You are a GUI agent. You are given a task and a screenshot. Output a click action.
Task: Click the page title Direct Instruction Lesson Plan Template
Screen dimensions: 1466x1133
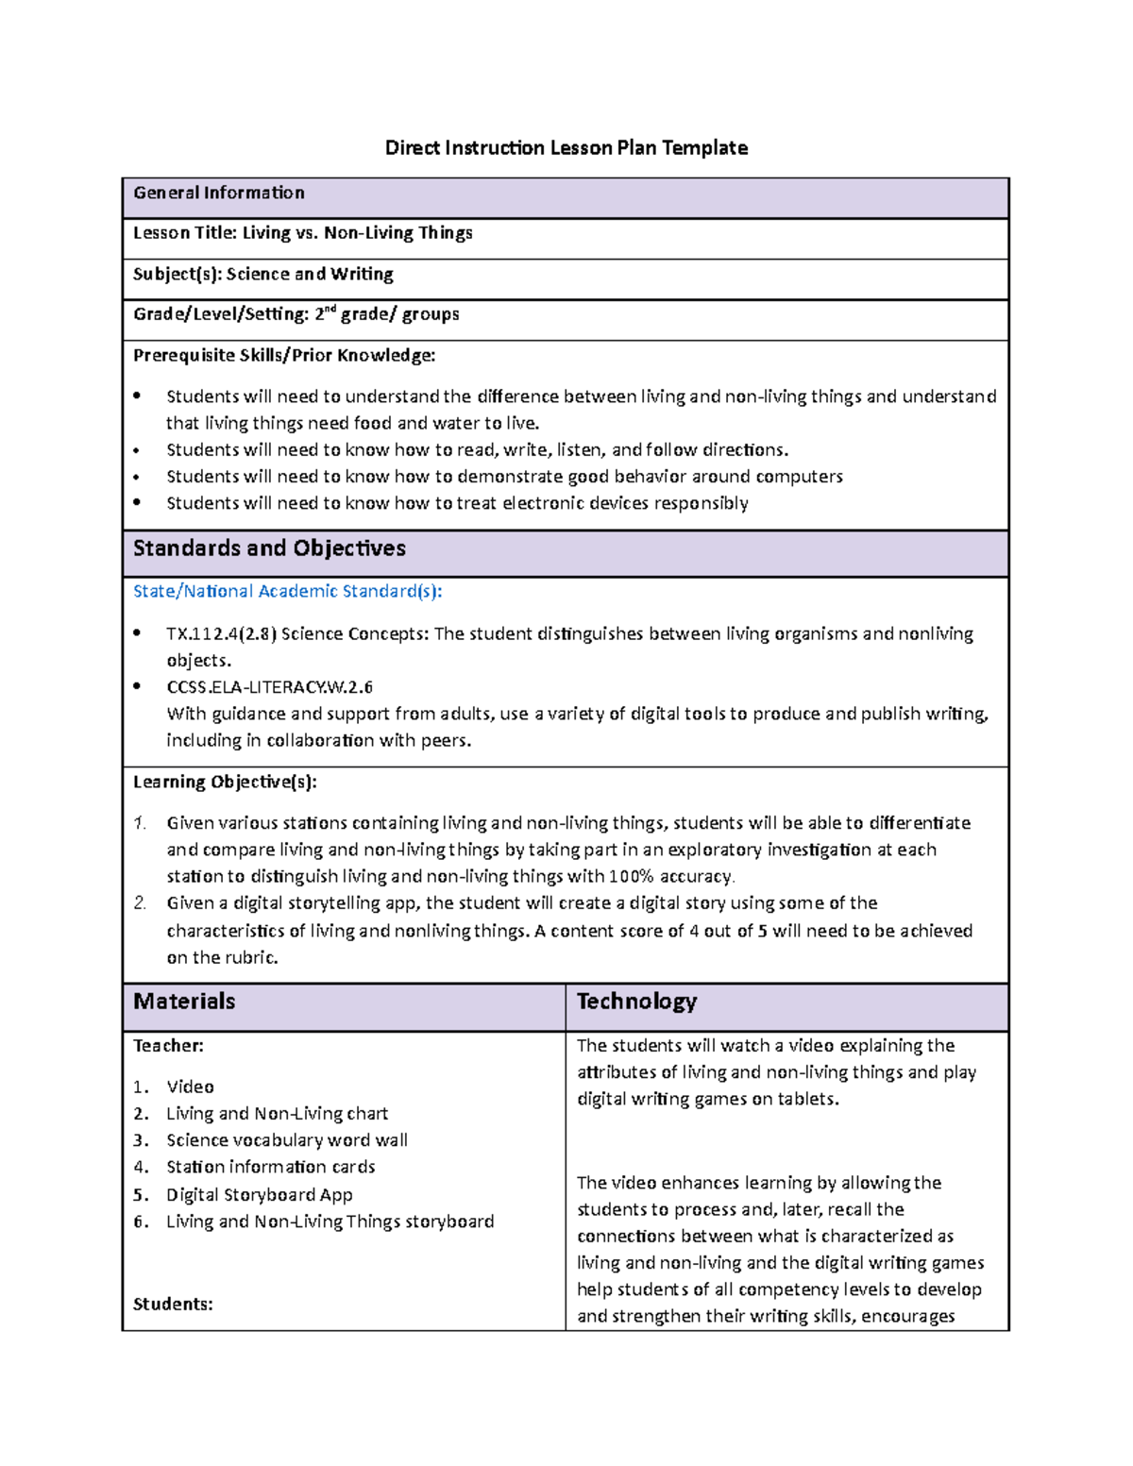(x=566, y=148)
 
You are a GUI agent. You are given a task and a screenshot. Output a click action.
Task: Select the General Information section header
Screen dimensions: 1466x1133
(x=219, y=194)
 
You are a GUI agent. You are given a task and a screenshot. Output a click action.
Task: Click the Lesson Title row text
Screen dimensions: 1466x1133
(x=302, y=233)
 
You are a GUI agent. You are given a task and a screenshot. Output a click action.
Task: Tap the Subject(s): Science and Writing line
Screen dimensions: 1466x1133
(x=262, y=275)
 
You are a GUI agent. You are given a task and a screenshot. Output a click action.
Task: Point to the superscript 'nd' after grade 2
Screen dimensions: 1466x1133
(x=330, y=309)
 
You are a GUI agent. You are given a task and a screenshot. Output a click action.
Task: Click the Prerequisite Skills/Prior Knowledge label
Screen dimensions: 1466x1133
(x=284, y=356)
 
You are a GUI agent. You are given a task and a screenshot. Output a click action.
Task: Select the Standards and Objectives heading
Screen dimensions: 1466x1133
(x=269, y=548)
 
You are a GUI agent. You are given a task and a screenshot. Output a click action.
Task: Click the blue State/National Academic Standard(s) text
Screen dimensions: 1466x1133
(x=287, y=592)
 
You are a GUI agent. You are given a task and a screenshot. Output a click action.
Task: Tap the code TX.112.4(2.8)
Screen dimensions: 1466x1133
(x=221, y=634)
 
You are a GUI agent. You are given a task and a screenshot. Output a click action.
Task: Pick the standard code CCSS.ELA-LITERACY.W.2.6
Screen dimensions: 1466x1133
(x=269, y=687)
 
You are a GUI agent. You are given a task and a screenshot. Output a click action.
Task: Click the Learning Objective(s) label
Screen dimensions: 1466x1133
(x=225, y=782)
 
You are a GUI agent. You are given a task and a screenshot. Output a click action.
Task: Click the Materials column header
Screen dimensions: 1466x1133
(x=184, y=1002)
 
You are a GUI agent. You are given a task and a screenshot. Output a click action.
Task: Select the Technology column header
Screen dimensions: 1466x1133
(x=636, y=1002)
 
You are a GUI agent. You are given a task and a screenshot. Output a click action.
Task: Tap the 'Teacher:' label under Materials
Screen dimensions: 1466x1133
(x=168, y=1046)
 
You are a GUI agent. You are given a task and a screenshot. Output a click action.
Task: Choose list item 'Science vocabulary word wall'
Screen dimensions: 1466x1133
(x=287, y=1140)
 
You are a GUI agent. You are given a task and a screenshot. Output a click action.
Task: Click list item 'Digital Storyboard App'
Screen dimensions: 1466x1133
(x=260, y=1195)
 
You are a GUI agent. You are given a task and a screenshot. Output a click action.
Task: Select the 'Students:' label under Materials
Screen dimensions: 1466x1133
(x=173, y=1305)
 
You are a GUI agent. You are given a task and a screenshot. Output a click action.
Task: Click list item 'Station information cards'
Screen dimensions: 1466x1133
(x=271, y=1168)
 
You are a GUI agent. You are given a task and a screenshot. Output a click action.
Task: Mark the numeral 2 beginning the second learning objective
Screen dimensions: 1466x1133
(x=140, y=903)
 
